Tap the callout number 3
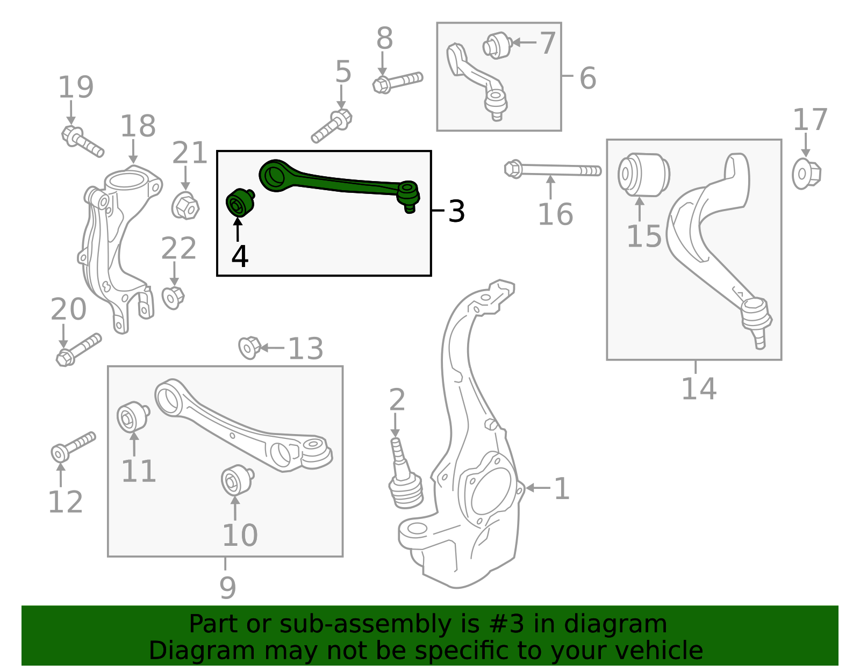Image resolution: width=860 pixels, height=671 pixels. coord(456,212)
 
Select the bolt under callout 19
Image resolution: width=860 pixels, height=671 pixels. coord(82,141)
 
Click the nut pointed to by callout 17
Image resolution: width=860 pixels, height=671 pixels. coord(806,174)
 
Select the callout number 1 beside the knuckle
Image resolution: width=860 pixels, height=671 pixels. coord(561,489)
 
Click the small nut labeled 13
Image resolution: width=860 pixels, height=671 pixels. coord(249,348)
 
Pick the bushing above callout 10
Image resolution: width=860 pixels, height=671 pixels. coord(236,480)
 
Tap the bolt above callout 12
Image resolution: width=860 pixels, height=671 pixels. coord(73,446)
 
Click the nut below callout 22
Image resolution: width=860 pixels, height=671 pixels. coord(173,297)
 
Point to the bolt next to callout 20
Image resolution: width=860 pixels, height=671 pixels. coord(78,350)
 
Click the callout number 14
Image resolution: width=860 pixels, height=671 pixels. coord(698,389)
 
